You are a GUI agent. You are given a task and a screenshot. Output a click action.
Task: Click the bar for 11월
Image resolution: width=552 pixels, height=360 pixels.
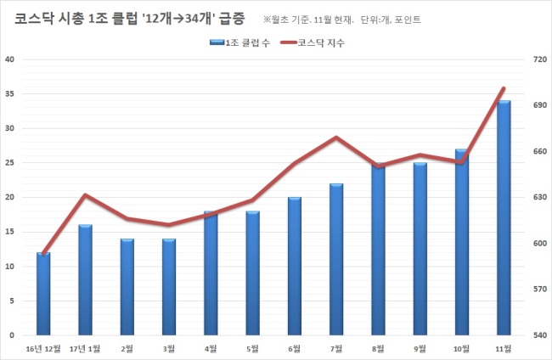point(504,218)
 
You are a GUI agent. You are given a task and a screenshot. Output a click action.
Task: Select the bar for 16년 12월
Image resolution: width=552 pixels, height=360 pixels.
point(43,294)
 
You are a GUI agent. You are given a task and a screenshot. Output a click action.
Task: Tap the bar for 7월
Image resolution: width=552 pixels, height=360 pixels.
point(336,259)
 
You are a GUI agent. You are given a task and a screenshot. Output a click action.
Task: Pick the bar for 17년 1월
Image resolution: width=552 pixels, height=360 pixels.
point(85,280)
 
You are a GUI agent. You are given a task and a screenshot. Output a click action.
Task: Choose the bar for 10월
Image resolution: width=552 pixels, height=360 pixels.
point(462,242)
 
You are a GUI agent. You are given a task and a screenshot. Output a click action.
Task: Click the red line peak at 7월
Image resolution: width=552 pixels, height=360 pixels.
point(336,137)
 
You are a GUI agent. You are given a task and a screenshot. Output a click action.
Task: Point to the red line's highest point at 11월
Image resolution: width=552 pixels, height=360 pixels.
point(504,88)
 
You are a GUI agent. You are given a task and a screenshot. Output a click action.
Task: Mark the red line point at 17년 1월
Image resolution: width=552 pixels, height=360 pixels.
point(85,194)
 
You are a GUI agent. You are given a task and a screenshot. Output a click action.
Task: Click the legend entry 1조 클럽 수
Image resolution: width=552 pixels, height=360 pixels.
point(239,42)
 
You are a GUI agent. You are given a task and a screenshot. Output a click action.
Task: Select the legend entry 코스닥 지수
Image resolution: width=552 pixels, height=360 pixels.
point(313,42)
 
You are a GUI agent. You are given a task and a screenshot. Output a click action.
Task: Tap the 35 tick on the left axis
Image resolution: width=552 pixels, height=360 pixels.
point(9,94)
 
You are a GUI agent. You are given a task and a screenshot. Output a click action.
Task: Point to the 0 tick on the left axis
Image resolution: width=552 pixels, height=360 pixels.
point(12,335)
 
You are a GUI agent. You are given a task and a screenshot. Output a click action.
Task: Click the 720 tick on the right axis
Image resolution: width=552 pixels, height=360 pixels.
point(539,59)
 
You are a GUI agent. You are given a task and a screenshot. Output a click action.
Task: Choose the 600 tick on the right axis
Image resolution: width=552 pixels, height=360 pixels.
point(539,243)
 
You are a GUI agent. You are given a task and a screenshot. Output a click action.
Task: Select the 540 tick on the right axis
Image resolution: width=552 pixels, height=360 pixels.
point(539,335)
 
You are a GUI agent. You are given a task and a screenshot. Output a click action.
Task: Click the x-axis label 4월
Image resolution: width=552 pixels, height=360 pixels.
point(211,349)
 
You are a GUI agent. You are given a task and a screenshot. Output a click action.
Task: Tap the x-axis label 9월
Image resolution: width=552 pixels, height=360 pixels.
point(420,349)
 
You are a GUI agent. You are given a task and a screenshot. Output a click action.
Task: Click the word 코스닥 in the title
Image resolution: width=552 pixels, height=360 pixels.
point(34,19)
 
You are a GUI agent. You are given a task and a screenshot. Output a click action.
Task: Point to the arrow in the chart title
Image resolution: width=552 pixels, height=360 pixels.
point(178,19)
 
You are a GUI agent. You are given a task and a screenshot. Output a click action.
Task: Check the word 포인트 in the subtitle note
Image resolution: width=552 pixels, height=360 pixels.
point(408,20)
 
